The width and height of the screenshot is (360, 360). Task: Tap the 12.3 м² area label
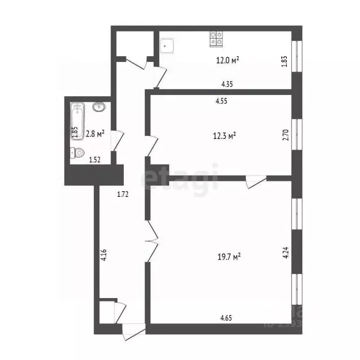click(x=224, y=135)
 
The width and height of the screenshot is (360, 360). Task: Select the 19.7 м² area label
click(x=230, y=256)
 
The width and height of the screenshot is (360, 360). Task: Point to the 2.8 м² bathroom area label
click(x=94, y=133)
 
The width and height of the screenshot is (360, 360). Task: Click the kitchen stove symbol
click(x=216, y=38)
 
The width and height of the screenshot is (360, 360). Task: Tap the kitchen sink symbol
click(x=167, y=45)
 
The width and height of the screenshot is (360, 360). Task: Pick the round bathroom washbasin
click(x=99, y=107)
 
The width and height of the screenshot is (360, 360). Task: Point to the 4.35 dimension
click(x=228, y=84)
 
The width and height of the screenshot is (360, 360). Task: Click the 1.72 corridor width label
click(x=123, y=193)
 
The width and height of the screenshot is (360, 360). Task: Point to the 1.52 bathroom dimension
click(x=95, y=159)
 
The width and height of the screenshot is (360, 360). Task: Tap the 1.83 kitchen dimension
click(x=284, y=61)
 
